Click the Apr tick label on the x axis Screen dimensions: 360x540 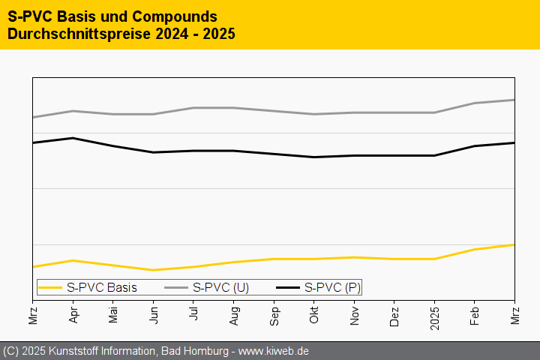tap(73, 312)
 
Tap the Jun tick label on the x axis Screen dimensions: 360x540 tap(153, 312)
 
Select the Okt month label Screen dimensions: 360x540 tap(313, 312)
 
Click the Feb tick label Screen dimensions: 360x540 tap(474, 312)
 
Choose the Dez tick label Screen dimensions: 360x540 tap(394, 312)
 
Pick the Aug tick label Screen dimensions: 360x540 tap(233, 312)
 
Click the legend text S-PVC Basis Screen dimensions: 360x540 tap(101, 287)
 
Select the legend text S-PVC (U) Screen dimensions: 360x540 tap(220, 287)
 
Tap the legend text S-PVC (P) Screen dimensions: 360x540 tap(332, 287)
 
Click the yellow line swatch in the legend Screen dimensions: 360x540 tap(50, 287)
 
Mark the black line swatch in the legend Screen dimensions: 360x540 tap(288, 287)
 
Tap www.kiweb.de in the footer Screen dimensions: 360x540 tap(274, 351)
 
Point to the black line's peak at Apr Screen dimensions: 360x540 tap(73, 138)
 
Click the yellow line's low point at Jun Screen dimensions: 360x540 tap(153, 270)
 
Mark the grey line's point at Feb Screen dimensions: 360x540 tap(474, 103)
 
